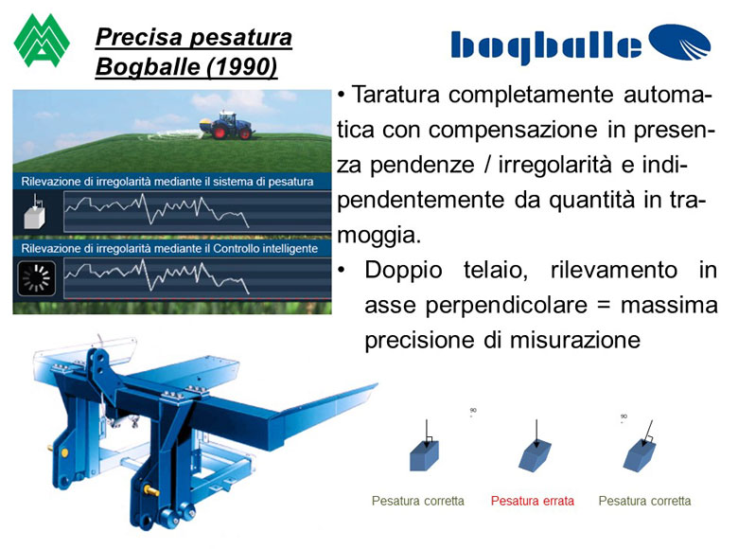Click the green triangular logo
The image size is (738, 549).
[42, 41]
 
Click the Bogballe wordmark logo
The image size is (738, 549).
[580, 44]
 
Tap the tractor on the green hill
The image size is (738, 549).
[229, 125]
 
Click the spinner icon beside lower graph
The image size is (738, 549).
[36, 277]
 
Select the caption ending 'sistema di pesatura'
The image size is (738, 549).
[167, 182]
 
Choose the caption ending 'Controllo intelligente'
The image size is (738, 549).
[169, 249]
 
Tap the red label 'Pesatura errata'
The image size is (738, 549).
[533, 501]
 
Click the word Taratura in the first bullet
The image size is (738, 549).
[395, 94]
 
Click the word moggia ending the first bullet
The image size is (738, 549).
[378, 235]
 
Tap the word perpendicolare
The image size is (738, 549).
[506, 306]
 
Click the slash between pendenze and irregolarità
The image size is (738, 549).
[485, 165]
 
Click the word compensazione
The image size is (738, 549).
[513, 131]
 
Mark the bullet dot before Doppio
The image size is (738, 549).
[342, 271]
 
